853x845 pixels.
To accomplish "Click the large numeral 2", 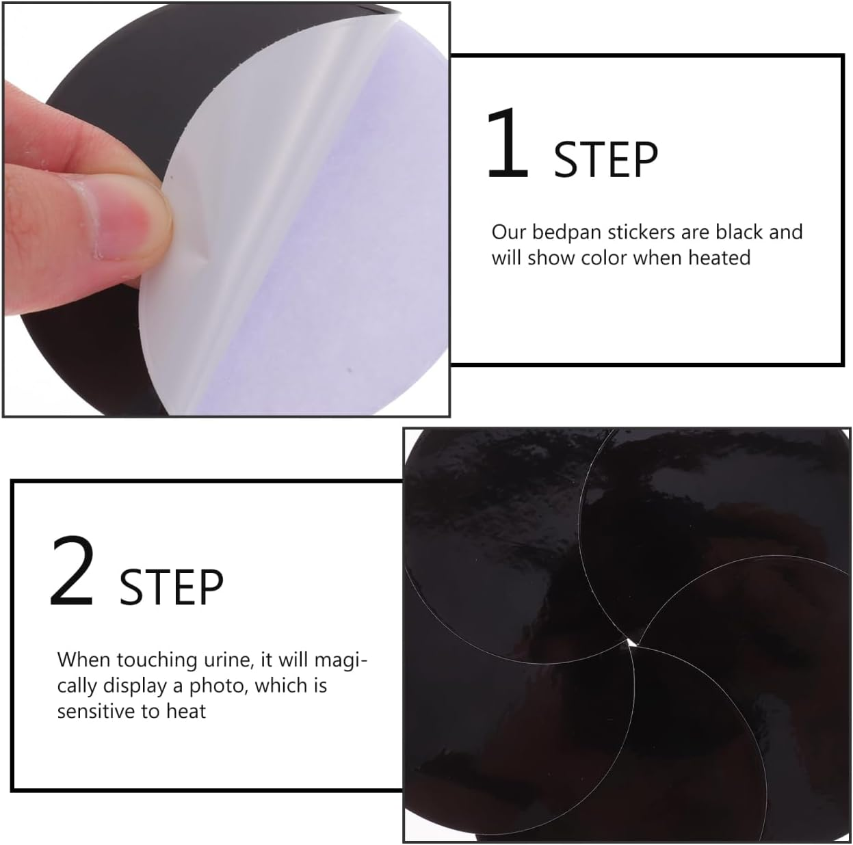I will tap(72, 572).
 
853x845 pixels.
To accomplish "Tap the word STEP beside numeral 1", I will tap(605, 160).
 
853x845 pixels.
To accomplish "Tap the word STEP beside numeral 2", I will tap(172, 587).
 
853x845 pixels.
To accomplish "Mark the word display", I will tap(135, 685).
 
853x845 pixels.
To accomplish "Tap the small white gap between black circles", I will tap(630, 642).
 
